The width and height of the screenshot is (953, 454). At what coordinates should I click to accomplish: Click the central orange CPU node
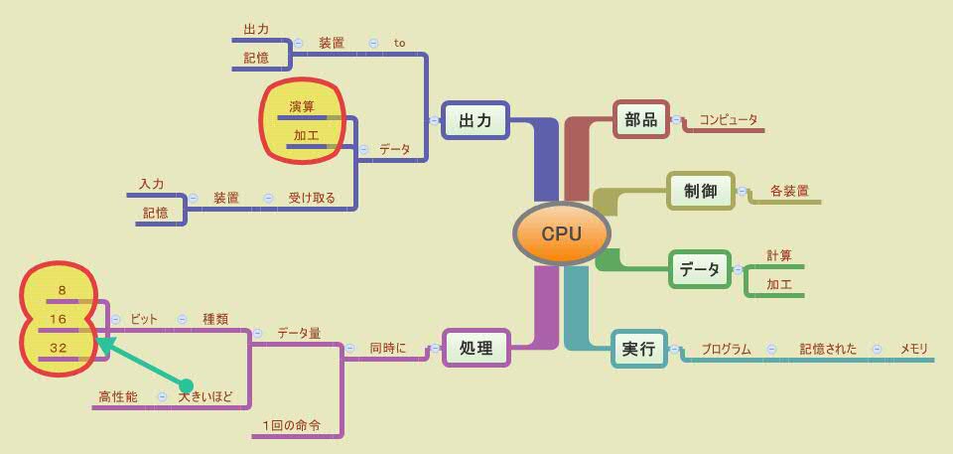tap(561, 234)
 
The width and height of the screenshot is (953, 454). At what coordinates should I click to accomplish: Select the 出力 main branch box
tap(475, 120)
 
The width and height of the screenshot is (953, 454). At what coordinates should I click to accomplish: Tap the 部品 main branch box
tap(640, 119)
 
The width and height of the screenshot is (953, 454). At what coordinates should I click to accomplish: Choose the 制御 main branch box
tap(700, 191)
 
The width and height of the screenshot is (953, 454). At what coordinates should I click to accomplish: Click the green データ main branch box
tap(699, 269)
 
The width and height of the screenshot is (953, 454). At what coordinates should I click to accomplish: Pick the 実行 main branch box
tap(638, 349)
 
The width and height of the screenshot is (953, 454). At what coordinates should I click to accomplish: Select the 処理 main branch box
tap(476, 348)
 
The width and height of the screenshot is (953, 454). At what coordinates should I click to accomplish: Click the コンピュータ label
tap(728, 119)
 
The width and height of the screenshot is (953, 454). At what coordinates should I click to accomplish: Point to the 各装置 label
tap(788, 191)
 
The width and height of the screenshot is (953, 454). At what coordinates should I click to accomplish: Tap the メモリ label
tap(913, 349)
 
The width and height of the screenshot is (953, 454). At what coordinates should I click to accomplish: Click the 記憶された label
tap(827, 349)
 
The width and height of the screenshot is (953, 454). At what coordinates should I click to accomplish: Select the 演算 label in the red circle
tap(302, 106)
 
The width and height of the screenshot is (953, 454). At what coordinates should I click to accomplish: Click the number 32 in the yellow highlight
tap(58, 348)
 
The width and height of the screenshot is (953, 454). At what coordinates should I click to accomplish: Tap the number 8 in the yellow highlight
tap(62, 290)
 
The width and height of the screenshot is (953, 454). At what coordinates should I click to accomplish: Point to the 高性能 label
tap(118, 396)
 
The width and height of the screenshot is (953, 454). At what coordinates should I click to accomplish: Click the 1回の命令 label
tap(292, 425)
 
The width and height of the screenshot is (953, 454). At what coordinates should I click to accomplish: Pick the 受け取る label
tap(312, 198)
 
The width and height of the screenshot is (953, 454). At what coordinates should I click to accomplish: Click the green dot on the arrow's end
tap(186, 385)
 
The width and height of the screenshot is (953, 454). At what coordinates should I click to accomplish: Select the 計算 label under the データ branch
tap(779, 255)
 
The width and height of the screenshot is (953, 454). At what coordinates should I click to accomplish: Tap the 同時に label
tap(388, 348)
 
